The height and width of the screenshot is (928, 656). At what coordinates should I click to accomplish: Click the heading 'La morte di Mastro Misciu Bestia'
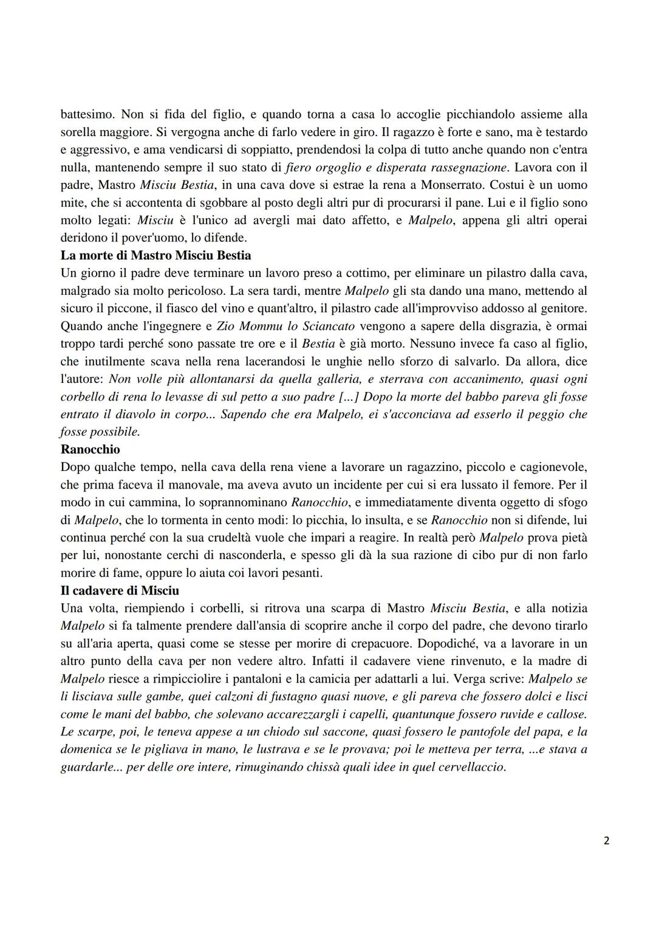[x=155, y=255]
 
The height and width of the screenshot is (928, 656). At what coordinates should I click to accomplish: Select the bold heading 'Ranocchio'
[x=91, y=450]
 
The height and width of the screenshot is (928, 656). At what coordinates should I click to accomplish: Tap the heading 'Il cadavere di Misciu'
[x=120, y=590]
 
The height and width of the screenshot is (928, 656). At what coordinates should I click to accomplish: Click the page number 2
[x=607, y=841]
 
